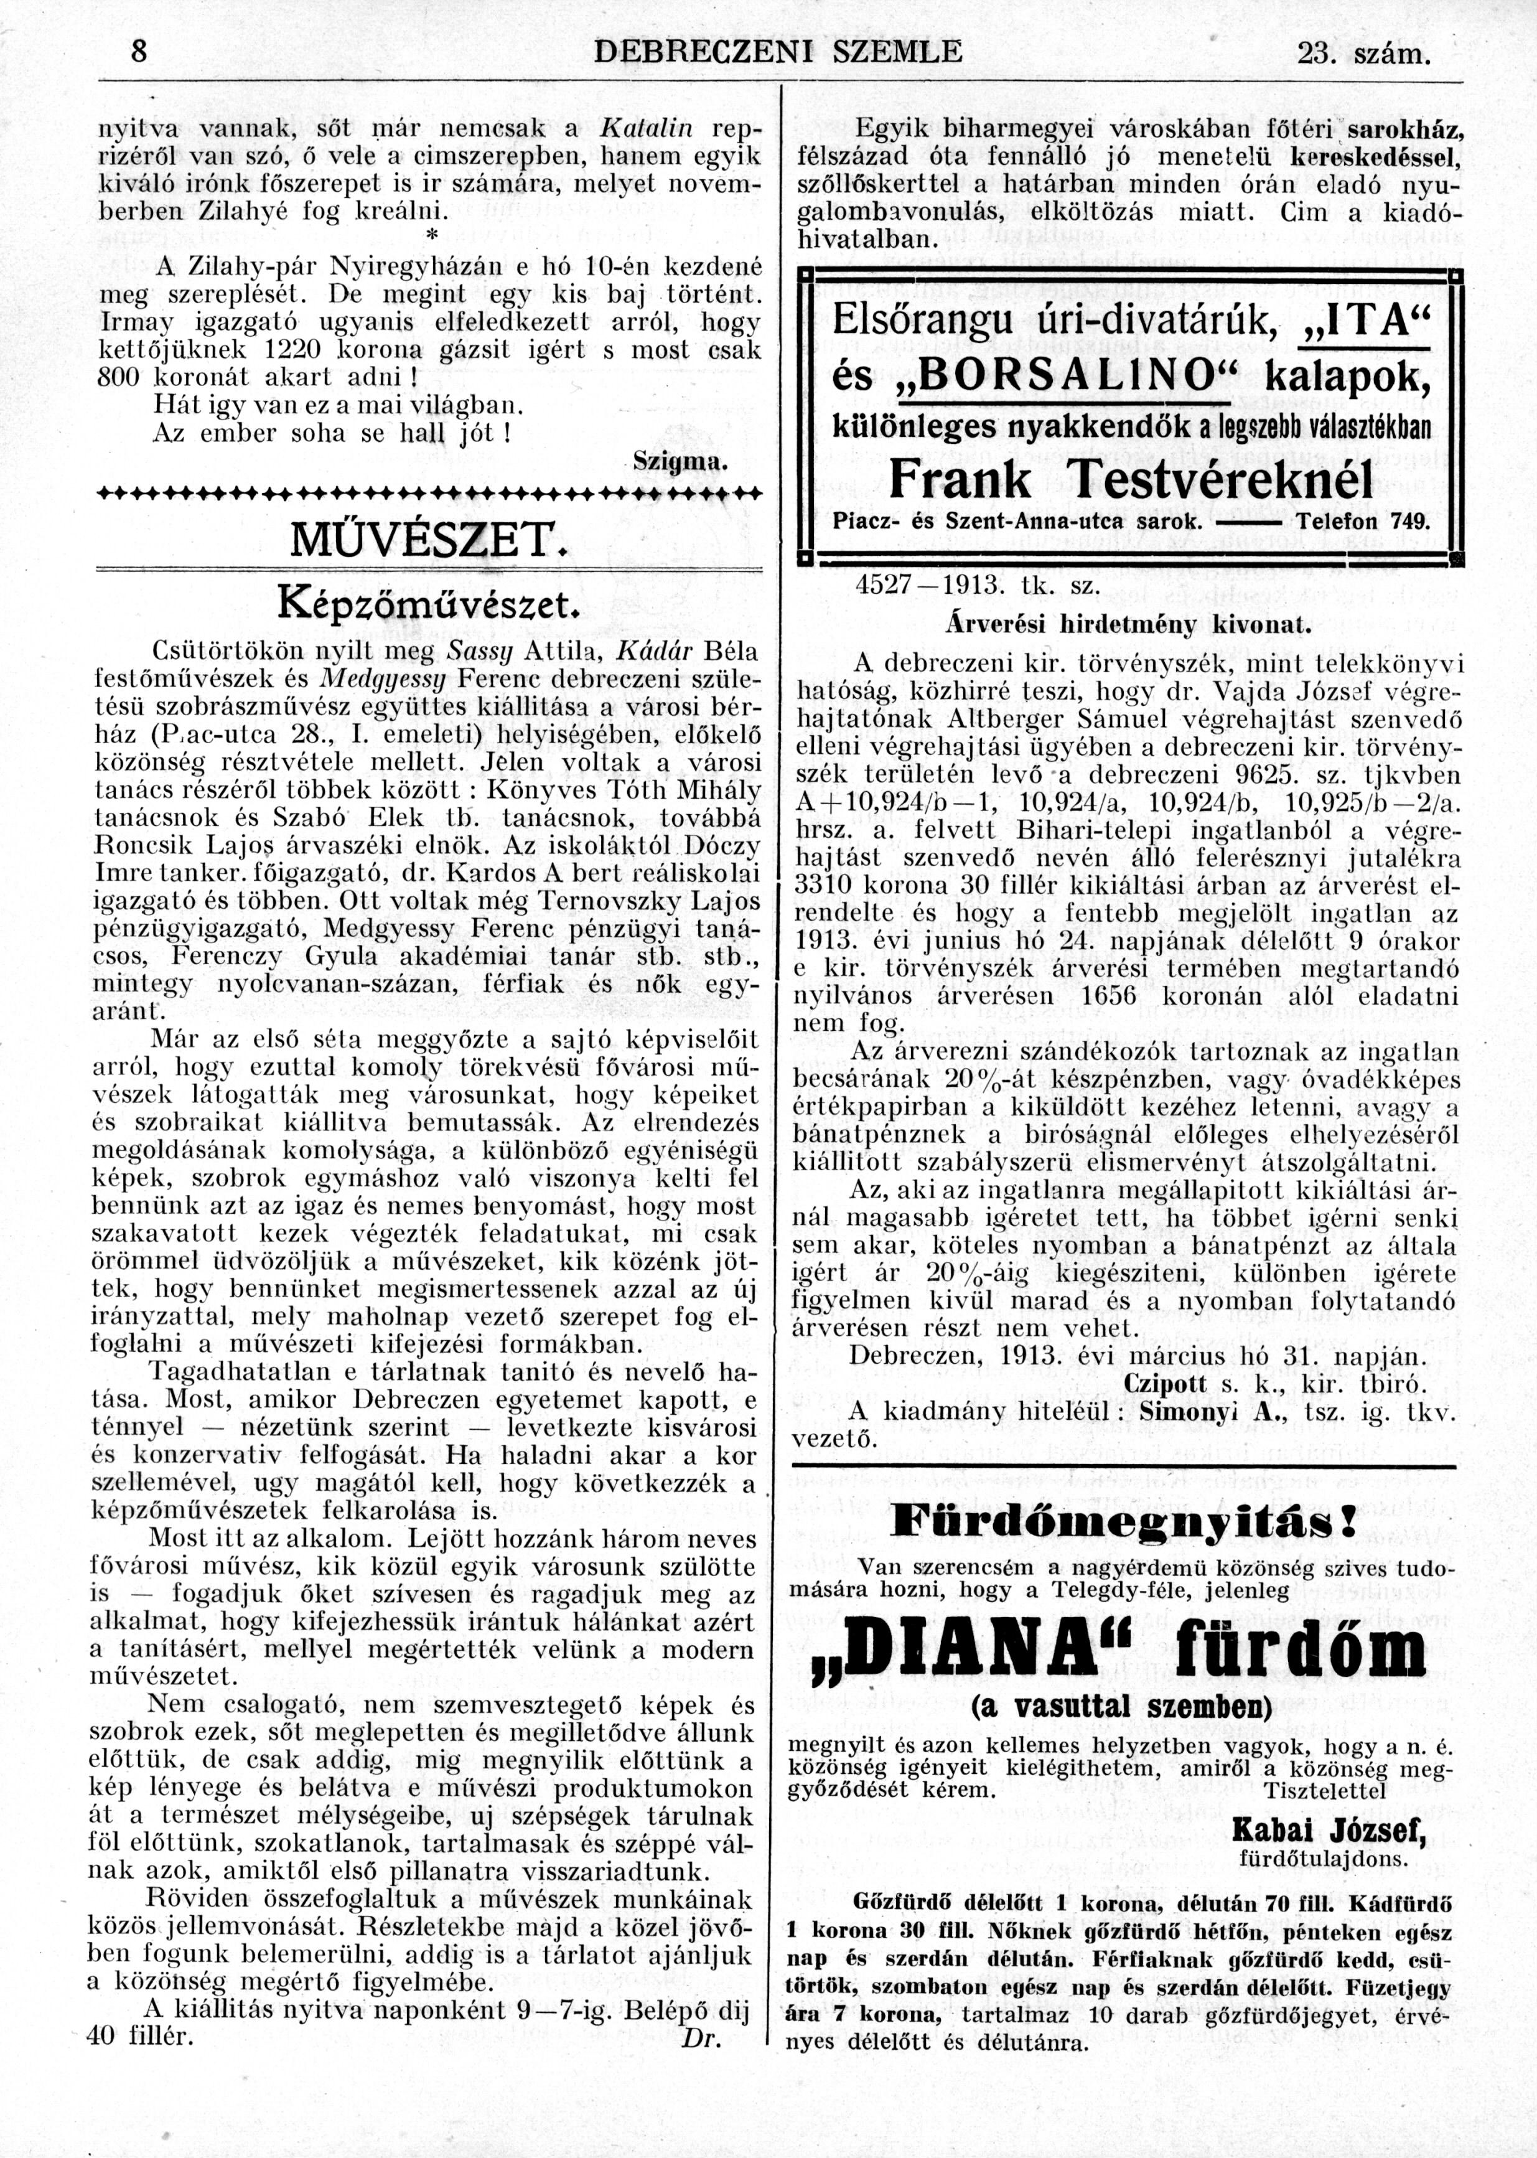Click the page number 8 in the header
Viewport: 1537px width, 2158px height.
(139, 52)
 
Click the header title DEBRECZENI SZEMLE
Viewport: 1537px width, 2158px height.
(777, 52)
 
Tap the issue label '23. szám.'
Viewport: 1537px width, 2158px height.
(1362, 55)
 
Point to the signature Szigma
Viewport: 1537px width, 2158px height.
(681, 463)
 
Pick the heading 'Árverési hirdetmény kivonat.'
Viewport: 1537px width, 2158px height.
(1128, 625)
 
